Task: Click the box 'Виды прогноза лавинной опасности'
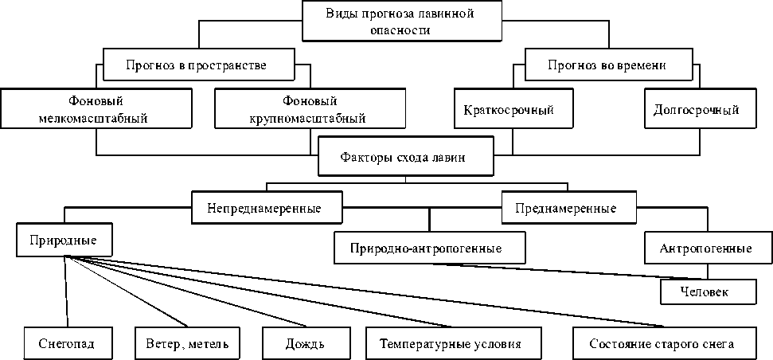click(x=401, y=22)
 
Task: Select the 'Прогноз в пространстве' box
click(x=195, y=65)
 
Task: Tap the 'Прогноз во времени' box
click(x=607, y=65)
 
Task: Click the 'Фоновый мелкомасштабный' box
click(x=96, y=110)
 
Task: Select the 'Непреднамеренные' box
click(x=264, y=209)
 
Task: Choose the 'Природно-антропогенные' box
click(x=430, y=248)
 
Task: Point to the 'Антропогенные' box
click(x=705, y=248)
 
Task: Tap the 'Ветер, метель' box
click(x=187, y=344)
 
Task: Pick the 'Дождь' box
click(x=305, y=344)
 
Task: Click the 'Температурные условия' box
click(x=450, y=344)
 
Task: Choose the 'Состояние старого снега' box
click(x=662, y=344)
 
